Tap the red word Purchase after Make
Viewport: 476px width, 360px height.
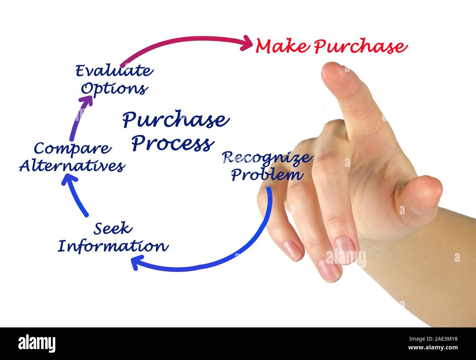pos(360,47)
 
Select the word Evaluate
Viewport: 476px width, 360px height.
pos(114,71)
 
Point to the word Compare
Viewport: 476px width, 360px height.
pos(72,148)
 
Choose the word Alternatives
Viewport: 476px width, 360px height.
pos(72,166)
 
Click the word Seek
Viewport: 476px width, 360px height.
pos(112,229)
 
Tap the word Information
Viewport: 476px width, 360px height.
pos(113,246)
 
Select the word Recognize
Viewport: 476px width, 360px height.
pos(267,157)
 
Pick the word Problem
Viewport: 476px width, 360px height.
pos(267,175)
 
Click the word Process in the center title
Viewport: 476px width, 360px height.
pos(173,143)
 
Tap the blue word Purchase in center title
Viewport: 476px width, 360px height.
pos(176,120)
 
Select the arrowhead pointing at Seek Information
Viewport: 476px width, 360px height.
pos(135,262)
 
